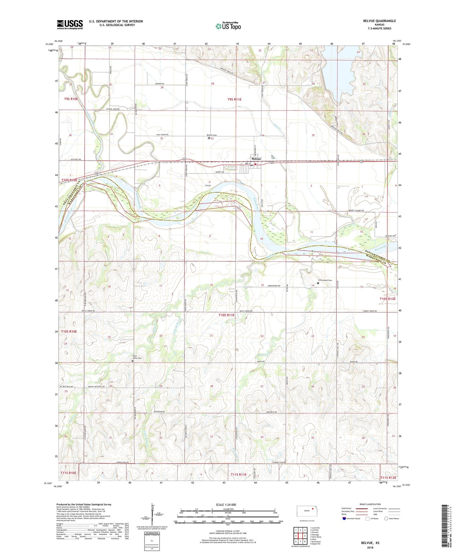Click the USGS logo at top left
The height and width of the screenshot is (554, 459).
coord(70,24)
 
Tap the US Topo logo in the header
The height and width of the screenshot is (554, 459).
coord(228,26)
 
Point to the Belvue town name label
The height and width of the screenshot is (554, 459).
coord(256,159)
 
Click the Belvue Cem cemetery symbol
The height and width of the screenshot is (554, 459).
coord(209,138)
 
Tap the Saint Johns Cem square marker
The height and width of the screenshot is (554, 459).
coord(132,360)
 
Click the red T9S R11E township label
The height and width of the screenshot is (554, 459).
coord(234,99)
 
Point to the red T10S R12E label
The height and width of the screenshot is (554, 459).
coord(388,299)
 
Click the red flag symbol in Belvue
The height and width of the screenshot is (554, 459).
coord(255,164)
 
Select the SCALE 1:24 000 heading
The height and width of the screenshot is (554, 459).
coord(226,505)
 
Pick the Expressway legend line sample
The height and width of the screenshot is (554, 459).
coord(362,508)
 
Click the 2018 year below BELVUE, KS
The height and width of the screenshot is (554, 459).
coord(370,548)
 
